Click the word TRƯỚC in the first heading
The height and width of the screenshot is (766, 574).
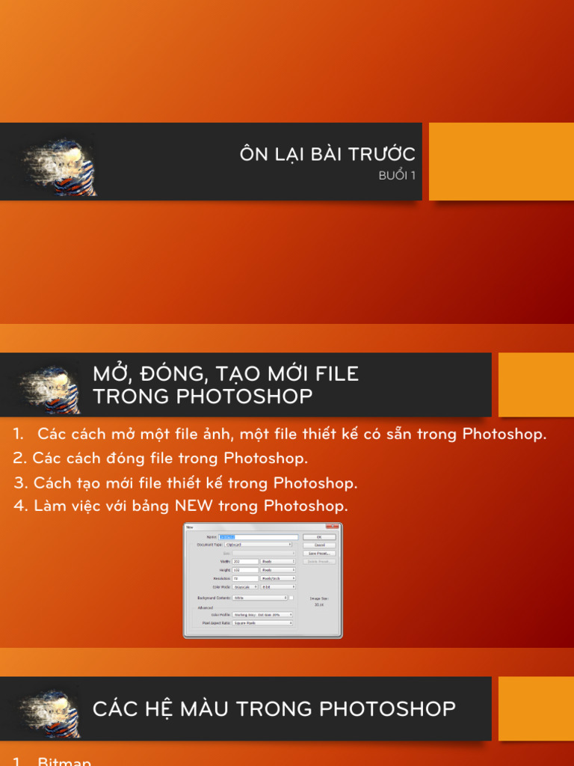click(x=382, y=155)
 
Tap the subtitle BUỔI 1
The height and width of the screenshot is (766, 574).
click(x=397, y=177)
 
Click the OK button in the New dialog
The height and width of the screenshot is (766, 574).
click(x=319, y=537)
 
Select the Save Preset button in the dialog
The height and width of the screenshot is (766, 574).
click(x=319, y=553)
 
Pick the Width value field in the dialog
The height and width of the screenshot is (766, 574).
click(x=245, y=561)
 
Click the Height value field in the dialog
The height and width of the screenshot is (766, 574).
click(x=245, y=570)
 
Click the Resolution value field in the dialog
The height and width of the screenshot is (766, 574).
click(x=245, y=578)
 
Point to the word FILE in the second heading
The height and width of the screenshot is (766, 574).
click(x=336, y=374)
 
